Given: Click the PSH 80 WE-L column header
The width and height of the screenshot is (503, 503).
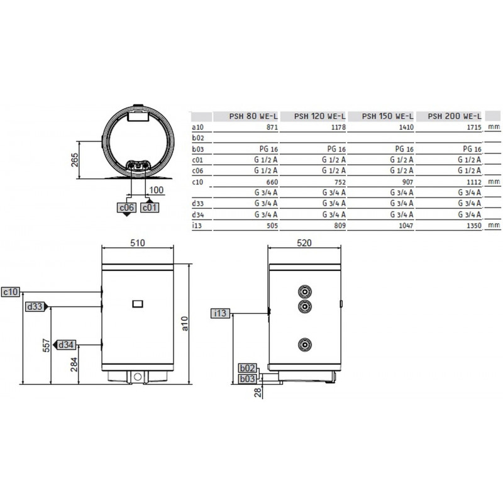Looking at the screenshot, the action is click(x=253, y=116).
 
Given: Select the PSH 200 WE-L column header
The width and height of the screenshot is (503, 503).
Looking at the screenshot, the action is click(x=455, y=116).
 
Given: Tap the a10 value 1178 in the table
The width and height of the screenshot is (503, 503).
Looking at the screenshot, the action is click(x=338, y=128).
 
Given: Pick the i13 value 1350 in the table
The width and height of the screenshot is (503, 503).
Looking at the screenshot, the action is click(x=474, y=226).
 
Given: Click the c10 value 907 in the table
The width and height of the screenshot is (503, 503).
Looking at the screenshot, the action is click(x=407, y=182).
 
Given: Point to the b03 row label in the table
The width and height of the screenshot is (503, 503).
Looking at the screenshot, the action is click(x=198, y=149).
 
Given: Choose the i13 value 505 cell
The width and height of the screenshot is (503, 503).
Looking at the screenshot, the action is click(x=272, y=226).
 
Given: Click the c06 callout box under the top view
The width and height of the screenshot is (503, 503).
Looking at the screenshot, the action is click(x=126, y=207).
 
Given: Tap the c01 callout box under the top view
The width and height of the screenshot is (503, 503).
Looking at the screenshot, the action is click(x=150, y=207).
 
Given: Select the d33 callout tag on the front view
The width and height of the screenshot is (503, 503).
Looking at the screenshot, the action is click(x=35, y=307).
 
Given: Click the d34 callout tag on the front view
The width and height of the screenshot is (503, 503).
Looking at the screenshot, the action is click(x=66, y=345).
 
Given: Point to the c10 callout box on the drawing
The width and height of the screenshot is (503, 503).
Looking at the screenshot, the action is click(x=11, y=292).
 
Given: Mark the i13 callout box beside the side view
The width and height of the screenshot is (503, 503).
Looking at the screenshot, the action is click(x=221, y=313).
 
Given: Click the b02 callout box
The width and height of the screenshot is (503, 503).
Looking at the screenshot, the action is click(x=247, y=368).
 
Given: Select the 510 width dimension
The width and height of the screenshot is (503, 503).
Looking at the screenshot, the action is click(x=138, y=243).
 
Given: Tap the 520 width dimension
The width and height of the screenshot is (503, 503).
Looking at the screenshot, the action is click(x=304, y=243).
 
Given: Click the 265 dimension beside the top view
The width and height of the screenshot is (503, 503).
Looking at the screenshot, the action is click(x=74, y=160).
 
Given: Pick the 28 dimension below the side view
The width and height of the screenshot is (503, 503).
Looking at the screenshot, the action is click(x=258, y=392).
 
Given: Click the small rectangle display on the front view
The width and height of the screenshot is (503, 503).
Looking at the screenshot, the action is click(x=138, y=304).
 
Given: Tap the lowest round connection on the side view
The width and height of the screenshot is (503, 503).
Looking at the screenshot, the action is click(x=305, y=345).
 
